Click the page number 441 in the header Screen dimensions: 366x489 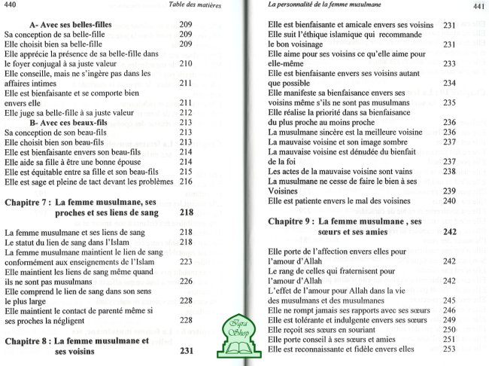478,8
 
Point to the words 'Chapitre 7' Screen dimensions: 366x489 28,203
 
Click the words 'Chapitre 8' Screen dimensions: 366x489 28,340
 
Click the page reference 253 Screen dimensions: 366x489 451,349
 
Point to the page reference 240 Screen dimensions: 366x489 451,202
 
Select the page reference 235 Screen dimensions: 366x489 451,102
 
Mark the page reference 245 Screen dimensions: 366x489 451,310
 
